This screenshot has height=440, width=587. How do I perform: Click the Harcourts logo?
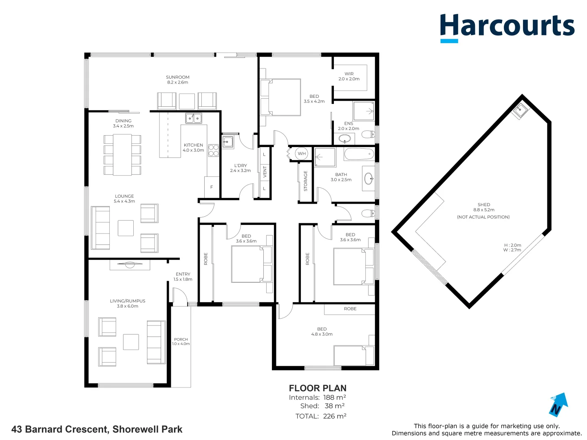pyautogui.click(x=507, y=27)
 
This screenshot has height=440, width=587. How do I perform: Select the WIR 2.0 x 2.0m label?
pyautogui.click(x=349, y=77)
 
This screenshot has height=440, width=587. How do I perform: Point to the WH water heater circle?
pyautogui.click(x=302, y=154)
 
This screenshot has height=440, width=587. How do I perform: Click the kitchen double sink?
pyautogui.click(x=194, y=118)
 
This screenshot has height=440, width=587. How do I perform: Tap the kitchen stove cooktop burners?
pyautogui.click(x=214, y=150)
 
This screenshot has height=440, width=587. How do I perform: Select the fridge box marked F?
pyautogui.click(x=212, y=187)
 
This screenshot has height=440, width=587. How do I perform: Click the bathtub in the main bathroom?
pyautogui.click(x=359, y=154)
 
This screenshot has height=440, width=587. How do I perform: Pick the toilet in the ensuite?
pyautogui.click(x=368, y=134)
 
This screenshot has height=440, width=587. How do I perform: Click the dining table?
pyautogui.click(x=122, y=154)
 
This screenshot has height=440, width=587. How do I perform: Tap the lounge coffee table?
pyautogui.click(x=126, y=228)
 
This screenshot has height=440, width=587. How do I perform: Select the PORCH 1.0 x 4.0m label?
pyautogui.click(x=181, y=341)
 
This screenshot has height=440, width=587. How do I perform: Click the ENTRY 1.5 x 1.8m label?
pyautogui.click(x=183, y=277)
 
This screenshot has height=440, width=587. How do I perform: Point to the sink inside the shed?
pyautogui.click(x=521, y=110)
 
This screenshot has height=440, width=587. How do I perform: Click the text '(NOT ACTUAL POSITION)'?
pyautogui.click(x=483, y=217)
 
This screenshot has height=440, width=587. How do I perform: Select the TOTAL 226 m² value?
pyautogui.click(x=334, y=416)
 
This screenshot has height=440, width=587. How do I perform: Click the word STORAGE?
pyautogui.click(x=305, y=181)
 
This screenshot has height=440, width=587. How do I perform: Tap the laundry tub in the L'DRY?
pyautogui.click(x=228, y=142)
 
